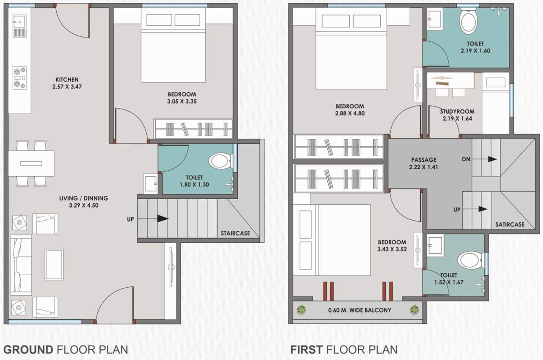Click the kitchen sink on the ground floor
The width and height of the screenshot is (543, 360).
coord(19,26)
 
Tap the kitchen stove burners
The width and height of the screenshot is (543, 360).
coord(20,78)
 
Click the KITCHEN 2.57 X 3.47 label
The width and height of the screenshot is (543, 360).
coord(67,83)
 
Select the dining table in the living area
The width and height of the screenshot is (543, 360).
coord(31,163)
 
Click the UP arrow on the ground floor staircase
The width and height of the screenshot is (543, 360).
coord(162,219)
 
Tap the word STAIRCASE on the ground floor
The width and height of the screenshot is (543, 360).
coord(235,233)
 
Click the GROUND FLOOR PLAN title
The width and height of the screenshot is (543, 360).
coord(65,349)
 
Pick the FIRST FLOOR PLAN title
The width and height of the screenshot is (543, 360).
coord(344,349)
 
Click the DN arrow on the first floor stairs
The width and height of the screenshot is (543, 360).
coord(491,159)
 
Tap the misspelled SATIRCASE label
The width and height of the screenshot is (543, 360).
coord(510,225)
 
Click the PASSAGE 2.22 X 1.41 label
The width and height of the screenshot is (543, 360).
coord(423,163)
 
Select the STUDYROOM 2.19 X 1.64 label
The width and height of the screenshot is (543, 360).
coord(457,115)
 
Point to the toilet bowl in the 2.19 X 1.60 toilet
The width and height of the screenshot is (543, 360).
coord(468,22)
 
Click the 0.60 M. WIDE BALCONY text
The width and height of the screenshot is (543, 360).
coord(359,310)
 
